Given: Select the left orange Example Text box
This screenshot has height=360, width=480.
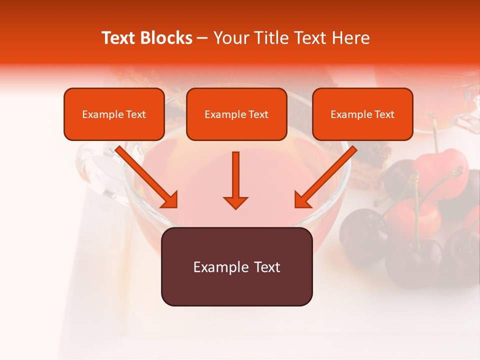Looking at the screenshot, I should coord(114,114).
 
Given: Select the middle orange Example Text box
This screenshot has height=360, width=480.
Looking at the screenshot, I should coord(236,114).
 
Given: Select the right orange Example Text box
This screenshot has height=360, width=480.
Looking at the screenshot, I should coord(362,114).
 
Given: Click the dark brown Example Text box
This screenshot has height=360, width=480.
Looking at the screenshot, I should coord(236,266).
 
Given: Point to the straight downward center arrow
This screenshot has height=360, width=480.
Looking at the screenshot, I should coord(235,177).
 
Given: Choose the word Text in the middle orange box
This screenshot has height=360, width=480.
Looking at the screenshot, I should coord(258,114).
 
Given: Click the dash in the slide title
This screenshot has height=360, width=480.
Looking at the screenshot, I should coord(202,38).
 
